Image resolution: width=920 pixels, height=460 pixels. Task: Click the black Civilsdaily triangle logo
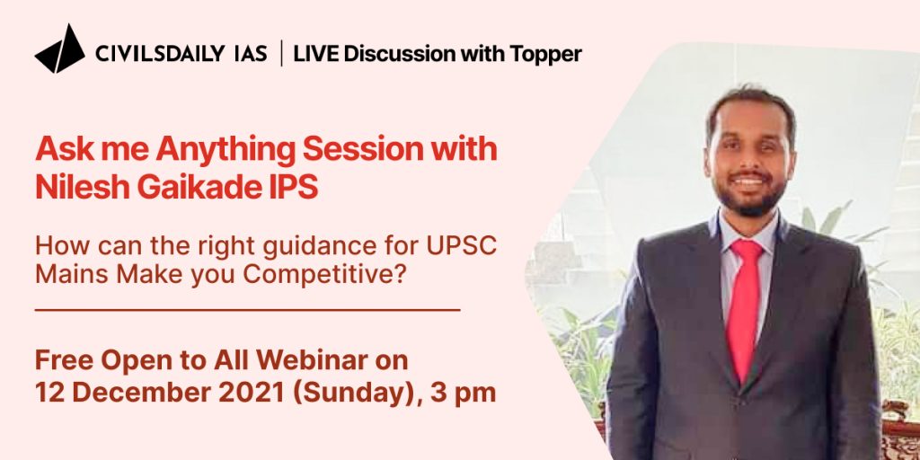coord(60,49)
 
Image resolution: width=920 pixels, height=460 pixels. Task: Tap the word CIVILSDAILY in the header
coord(160,54)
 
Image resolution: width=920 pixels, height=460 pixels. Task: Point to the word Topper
coord(545,55)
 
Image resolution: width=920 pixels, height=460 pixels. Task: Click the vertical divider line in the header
coord(281,53)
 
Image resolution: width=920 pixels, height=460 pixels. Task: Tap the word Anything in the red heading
coord(226,151)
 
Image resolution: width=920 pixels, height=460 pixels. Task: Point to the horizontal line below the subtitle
coord(248,309)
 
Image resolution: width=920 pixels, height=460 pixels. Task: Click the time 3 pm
coord(463,394)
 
